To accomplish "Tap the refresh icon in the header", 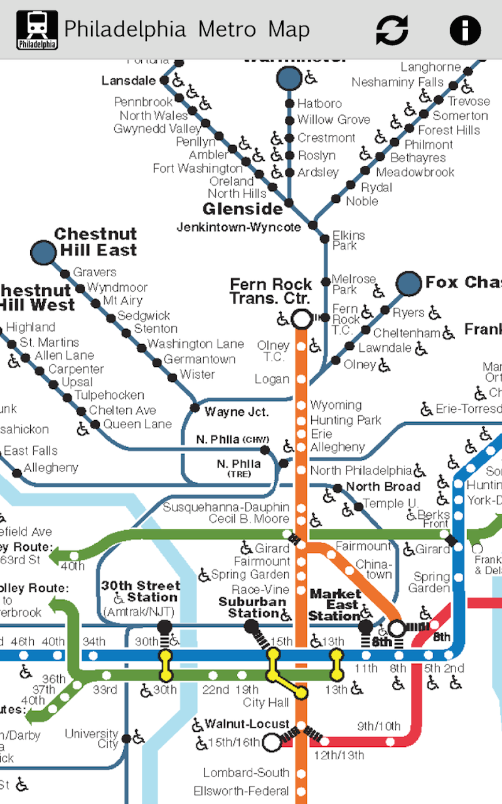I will [x=392, y=30].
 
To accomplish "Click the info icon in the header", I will [x=465, y=30].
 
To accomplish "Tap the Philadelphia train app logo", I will [x=37, y=30].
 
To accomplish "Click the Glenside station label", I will [x=243, y=209].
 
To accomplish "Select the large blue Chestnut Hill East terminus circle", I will [x=43, y=253].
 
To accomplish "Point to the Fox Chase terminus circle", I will [x=409, y=283].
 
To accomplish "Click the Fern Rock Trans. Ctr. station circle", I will [x=301, y=318].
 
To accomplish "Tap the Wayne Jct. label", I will [x=237, y=412].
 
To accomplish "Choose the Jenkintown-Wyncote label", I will [x=238, y=227].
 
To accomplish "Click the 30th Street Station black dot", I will [x=165, y=626].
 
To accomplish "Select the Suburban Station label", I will [x=248, y=607].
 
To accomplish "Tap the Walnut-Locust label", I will [x=247, y=724].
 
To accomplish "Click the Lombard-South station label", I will [x=246, y=773].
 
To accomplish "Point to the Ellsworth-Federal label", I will [x=242, y=791].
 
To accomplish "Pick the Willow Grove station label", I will [x=334, y=119].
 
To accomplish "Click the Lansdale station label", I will [x=129, y=81].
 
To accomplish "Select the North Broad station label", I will [x=383, y=487].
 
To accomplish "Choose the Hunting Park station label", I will [x=346, y=420].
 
